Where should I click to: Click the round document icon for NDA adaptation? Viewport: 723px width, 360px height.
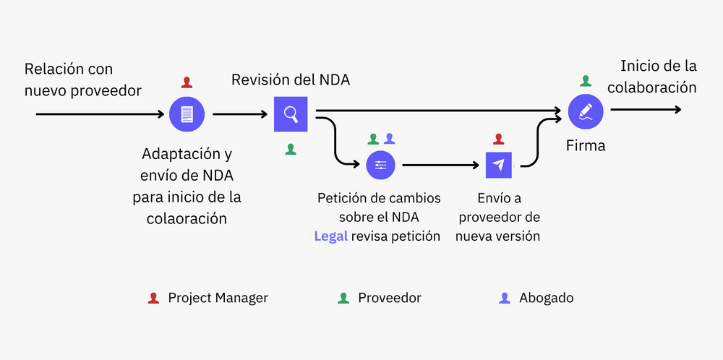187,113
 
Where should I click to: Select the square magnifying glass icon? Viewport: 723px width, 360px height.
291,113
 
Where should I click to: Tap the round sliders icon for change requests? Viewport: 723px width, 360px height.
381,165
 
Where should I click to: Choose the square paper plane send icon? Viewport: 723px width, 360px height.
498,165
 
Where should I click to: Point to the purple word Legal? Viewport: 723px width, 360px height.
330,236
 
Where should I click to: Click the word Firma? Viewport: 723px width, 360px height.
585,145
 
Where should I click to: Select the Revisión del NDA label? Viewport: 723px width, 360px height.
291,80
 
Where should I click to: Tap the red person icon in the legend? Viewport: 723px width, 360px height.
153,298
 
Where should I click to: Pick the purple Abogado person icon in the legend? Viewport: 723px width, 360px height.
505,298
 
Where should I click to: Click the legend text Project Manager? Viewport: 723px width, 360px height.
218,298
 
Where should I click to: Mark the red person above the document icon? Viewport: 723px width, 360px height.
187,82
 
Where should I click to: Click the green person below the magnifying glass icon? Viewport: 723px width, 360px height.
291,149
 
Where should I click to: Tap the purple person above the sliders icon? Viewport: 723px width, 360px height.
390,138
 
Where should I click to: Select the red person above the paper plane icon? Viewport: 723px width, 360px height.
498,138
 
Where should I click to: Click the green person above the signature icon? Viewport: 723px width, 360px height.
585,81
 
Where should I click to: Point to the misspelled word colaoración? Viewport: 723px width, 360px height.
187,218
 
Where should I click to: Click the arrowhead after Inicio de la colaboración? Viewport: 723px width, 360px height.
676,110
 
